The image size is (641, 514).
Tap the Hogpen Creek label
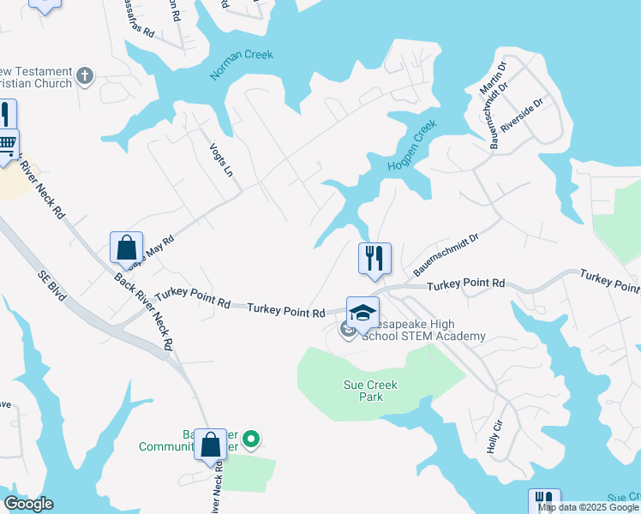pos(413,144)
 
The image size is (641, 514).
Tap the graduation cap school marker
pos(362,312)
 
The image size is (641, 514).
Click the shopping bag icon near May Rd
pos(126,248)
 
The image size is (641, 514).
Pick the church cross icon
pos(84,76)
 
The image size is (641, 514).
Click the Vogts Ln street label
pos(222,159)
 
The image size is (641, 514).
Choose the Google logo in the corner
pos(28,504)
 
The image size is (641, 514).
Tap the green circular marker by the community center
pos(251,440)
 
